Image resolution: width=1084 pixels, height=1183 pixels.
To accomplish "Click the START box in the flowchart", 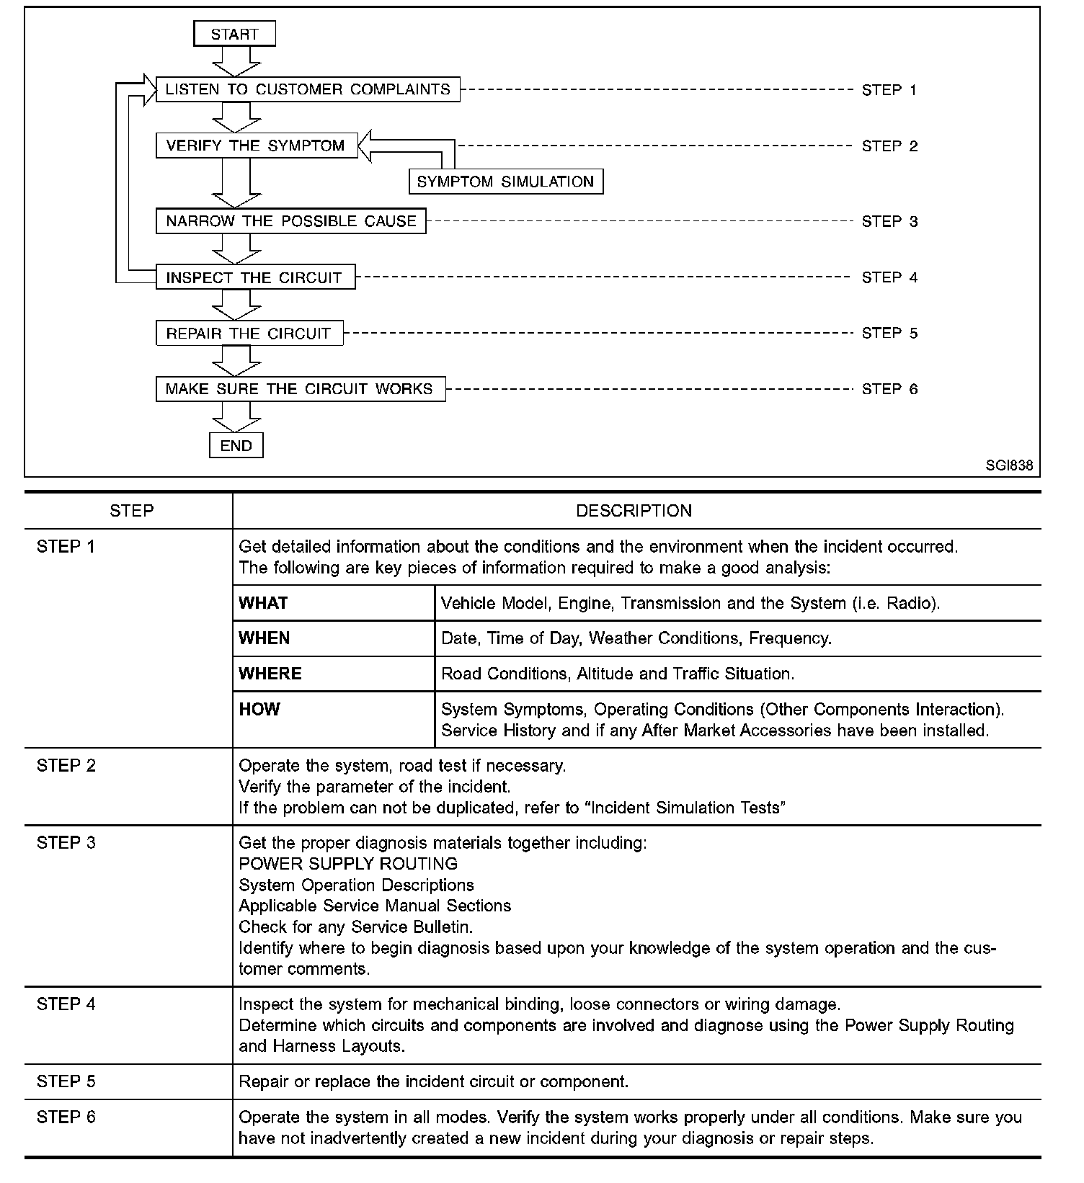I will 235,34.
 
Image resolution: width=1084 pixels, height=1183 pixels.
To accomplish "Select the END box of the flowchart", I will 236,445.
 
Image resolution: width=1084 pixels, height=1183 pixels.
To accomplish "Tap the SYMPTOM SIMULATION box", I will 505,182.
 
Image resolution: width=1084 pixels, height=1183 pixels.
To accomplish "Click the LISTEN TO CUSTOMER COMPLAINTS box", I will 308,89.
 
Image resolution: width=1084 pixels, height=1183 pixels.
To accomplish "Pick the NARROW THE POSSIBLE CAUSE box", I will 291,221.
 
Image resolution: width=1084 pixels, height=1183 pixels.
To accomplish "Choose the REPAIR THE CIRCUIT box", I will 249,334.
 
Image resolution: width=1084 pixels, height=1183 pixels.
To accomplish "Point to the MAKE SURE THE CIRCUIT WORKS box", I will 300,389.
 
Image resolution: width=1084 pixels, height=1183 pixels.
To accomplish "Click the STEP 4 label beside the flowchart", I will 889,277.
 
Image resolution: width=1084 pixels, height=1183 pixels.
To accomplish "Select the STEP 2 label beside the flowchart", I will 889,146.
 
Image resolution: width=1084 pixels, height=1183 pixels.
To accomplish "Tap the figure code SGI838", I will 1009,465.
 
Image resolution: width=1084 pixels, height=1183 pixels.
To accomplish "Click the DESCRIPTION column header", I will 634,511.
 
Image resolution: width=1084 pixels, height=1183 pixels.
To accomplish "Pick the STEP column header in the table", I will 131,511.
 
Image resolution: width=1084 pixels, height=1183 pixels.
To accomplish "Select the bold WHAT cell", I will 263,603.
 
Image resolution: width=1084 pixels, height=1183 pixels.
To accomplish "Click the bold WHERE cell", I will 270,674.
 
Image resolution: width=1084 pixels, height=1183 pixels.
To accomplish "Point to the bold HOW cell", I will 259,709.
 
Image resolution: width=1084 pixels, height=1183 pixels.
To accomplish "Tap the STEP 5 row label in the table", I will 66,1081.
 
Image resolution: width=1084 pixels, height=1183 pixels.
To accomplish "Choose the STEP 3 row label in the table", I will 66,842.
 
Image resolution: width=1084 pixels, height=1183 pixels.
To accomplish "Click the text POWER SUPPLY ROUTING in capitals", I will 348,864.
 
